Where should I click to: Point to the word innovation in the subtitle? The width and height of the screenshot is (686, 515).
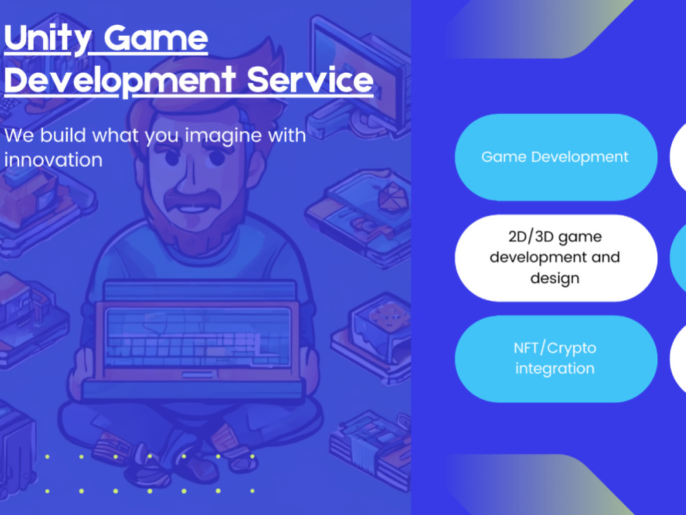click(53, 159)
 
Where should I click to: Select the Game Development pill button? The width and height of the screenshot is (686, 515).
click(554, 157)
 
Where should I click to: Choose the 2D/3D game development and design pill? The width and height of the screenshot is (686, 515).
click(554, 257)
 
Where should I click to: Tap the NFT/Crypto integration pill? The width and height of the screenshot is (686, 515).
click(554, 358)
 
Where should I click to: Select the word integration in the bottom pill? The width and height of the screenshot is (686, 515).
click(554, 369)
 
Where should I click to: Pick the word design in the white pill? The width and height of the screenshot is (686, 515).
click(554, 278)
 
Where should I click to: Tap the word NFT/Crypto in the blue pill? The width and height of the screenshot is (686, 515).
click(554, 348)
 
